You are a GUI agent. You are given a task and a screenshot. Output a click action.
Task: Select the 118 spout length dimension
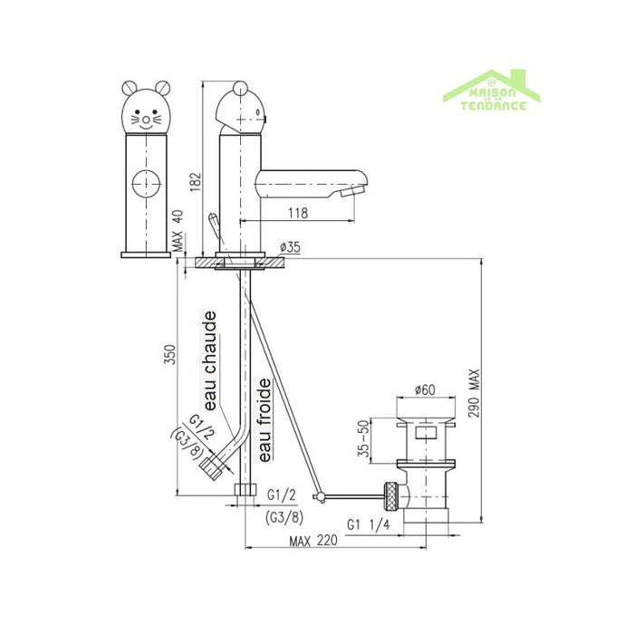point(299,214)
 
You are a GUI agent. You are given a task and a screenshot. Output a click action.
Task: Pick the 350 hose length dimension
point(168,356)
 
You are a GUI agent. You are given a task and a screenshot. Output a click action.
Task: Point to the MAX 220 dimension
point(311,541)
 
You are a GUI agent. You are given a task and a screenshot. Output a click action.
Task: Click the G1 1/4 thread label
point(370,523)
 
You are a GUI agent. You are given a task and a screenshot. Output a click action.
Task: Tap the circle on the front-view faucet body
point(143,185)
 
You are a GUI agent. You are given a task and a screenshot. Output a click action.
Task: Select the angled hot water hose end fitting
point(212,467)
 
